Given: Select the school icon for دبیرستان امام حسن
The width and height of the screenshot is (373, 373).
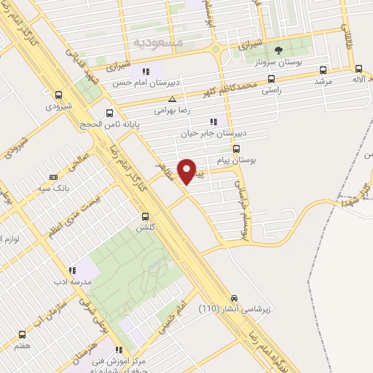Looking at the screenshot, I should [x=146, y=71].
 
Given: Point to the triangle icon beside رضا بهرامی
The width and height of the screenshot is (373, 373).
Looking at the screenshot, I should [x=172, y=99].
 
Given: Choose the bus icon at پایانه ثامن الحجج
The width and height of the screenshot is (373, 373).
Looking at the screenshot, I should [x=109, y=113].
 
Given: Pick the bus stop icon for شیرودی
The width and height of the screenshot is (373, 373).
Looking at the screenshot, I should [x=58, y=94].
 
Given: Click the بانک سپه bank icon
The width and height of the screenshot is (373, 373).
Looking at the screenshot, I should [x=52, y=178].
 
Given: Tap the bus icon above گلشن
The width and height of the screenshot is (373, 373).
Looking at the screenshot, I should [x=145, y=216].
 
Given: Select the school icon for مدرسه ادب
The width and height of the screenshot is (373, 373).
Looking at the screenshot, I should [x=71, y=270].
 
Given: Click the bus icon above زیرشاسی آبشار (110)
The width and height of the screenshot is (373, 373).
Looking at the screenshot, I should [x=234, y=297].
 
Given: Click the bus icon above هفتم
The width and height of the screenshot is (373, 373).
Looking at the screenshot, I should [x=22, y=334].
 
